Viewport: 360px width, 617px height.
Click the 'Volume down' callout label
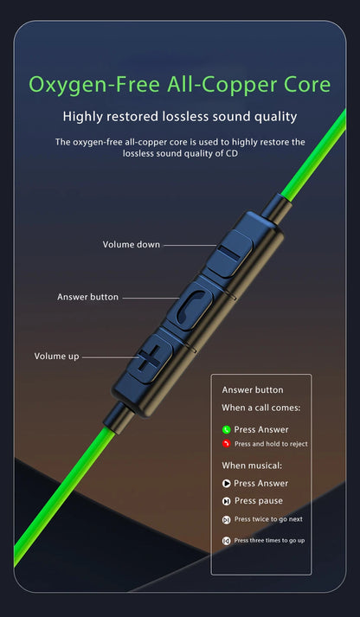tap(132, 244)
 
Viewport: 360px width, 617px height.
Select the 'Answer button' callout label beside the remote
tap(87, 297)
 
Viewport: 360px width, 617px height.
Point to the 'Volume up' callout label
tap(56, 357)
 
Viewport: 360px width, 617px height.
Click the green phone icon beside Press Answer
tap(226, 430)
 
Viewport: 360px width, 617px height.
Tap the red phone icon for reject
tap(226, 444)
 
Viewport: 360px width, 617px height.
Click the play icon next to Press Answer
tap(226, 483)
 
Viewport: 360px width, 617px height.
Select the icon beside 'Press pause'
tap(226, 501)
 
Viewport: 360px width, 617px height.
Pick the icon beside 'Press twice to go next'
tap(226, 520)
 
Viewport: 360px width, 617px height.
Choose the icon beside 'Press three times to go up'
tap(226, 541)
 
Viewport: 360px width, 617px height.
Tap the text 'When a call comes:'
tap(260, 408)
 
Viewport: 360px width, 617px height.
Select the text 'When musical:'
tap(252, 466)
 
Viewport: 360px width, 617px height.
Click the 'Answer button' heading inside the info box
tap(253, 390)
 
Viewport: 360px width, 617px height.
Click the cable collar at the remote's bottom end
tap(117, 418)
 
